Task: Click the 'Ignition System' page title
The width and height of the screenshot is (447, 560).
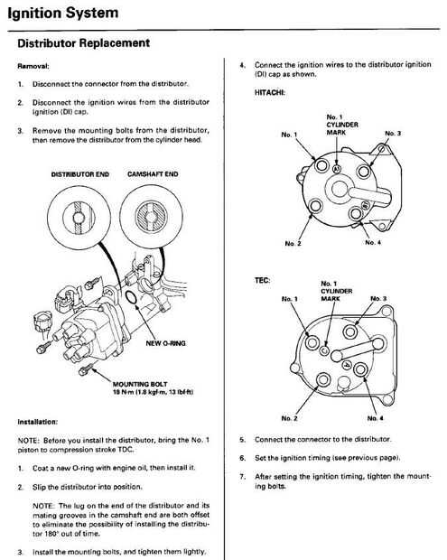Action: point(63,14)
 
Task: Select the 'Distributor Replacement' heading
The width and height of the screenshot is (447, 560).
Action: point(84,43)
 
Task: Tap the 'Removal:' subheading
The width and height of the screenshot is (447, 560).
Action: point(33,66)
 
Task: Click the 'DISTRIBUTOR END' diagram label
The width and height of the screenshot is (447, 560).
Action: point(80,174)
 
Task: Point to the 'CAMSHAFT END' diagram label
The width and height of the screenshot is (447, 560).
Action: point(153,174)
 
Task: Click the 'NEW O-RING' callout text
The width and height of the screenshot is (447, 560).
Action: point(165,343)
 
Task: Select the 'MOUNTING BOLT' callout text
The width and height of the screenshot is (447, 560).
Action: point(140,384)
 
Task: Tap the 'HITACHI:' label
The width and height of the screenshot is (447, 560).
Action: point(270,92)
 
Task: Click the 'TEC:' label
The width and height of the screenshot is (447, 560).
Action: point(263,280)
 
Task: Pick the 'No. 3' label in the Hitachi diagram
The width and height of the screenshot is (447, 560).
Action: point(393,133)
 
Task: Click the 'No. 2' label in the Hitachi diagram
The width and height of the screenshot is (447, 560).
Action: point(293,244)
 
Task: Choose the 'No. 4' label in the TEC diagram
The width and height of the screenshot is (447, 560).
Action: point(376,418)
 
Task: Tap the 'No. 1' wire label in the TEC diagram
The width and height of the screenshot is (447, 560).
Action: point(289,299)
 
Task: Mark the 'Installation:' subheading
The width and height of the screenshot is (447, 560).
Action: point(38,422)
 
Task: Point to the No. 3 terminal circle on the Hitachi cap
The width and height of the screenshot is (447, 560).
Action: point(364,171)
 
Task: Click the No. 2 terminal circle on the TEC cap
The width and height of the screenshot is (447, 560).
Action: point(323,379)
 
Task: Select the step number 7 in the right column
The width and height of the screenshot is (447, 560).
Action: point(242,476)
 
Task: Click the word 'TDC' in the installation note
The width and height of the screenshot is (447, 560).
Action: point(125,450)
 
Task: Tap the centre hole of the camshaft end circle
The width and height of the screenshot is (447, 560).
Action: point(151,217)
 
